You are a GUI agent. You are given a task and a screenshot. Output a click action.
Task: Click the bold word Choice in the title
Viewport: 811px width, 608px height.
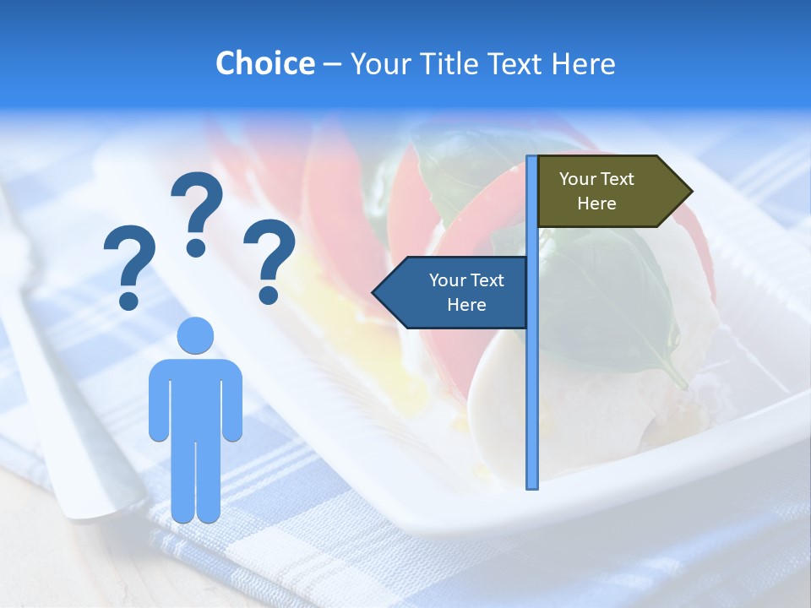click(264, 64)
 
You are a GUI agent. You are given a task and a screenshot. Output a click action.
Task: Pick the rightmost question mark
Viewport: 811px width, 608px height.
click(269, 259)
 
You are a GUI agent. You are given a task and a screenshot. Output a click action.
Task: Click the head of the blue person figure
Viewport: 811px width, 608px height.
click(195, 335)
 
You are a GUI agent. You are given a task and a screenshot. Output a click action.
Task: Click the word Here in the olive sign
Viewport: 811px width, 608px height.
click(596, 204)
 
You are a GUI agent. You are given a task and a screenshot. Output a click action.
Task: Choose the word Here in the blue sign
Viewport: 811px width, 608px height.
click(466, 305)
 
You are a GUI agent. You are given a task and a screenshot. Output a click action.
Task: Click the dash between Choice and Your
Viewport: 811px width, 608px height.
click(332, 64)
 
